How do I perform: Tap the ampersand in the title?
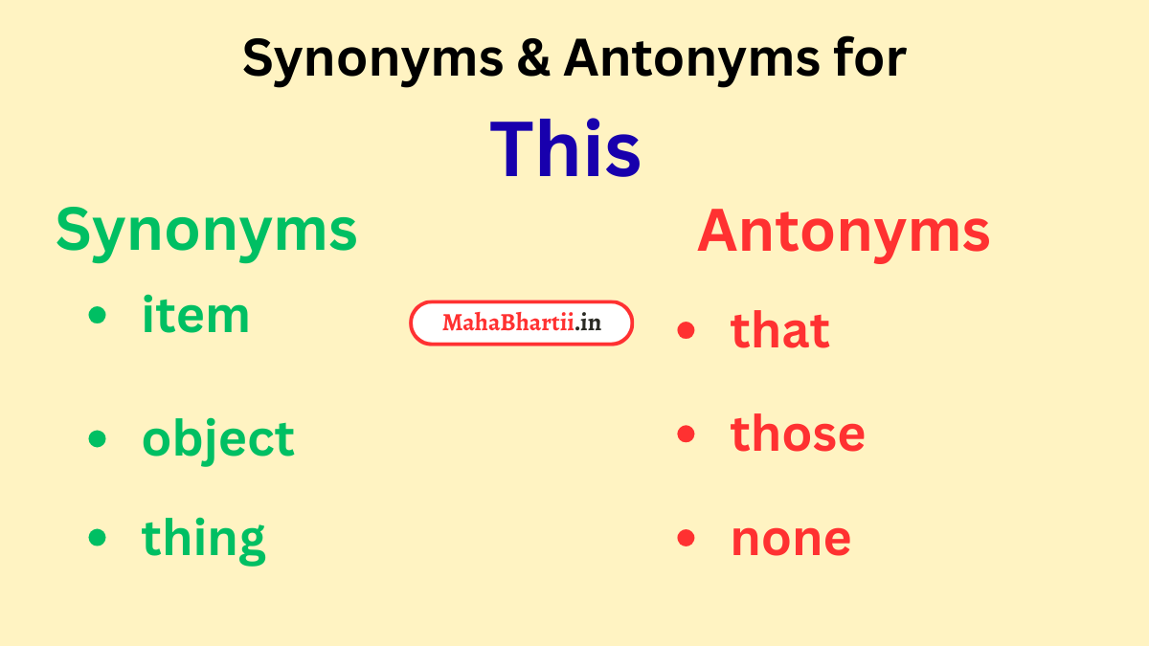click(534, 59)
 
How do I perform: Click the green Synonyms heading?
click(206, 232)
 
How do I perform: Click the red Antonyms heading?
click(843, 232)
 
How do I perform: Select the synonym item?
click(195, 315)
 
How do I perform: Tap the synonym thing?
click(204, 539)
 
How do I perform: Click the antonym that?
click(779, 330)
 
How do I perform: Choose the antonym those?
click(798, 434)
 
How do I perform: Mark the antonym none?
click(791, 539)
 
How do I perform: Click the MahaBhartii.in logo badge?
click(522, 323)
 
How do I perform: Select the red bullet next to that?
click(686, 331)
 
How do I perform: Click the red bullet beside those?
click(686, 434)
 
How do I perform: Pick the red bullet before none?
click(686, 539)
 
